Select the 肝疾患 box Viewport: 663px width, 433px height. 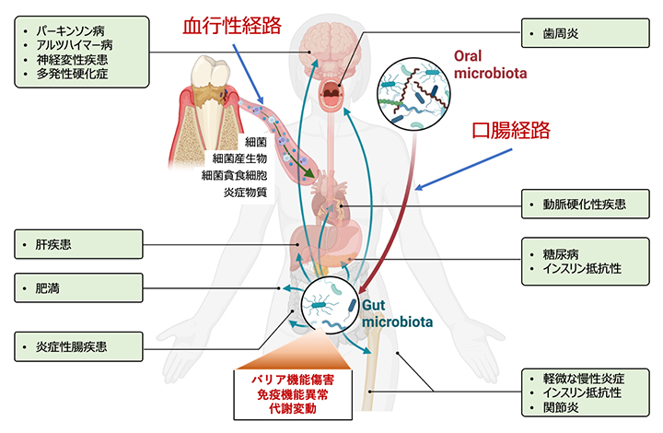77,245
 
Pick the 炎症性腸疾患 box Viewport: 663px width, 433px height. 77,347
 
